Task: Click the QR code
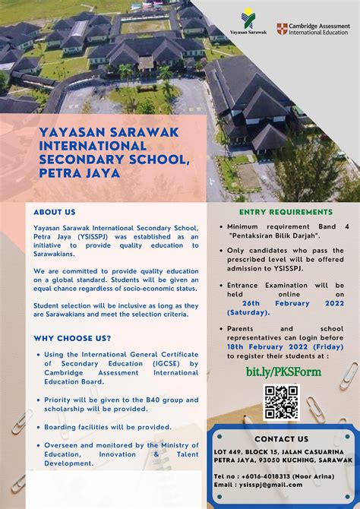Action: (280, 403)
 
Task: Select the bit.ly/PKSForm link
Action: (283, 371)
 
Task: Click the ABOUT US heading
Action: (55, 212)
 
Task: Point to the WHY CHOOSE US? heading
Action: (72, 338)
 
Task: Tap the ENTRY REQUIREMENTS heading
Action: (286, 212)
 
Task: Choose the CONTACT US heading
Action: (281, 439)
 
